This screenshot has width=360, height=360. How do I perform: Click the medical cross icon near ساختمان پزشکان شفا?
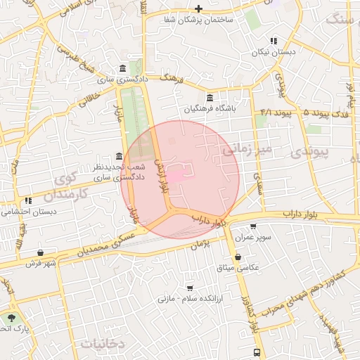pos(199,8)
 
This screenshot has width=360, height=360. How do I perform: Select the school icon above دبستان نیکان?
pos(274,41)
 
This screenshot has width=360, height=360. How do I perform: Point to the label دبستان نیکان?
pos(275,53)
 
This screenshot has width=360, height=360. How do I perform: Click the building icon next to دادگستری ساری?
pos(124,68)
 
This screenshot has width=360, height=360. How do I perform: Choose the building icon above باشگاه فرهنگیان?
pos(210,98)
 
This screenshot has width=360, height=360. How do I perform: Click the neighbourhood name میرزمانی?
pos(246,149)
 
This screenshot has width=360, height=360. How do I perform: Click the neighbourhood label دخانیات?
pos(103,344)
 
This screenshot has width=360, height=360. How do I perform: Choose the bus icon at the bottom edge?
pos(257,352)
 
